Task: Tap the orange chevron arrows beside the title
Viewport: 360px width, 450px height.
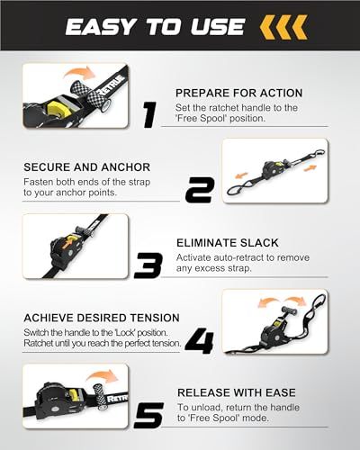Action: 284,27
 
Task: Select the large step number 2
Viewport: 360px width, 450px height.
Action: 199,190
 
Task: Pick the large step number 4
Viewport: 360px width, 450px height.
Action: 199,341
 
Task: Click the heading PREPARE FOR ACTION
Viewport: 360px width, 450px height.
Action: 238,93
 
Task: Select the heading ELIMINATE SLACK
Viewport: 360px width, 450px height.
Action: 227,241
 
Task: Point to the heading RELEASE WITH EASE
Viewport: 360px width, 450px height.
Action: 234,392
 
